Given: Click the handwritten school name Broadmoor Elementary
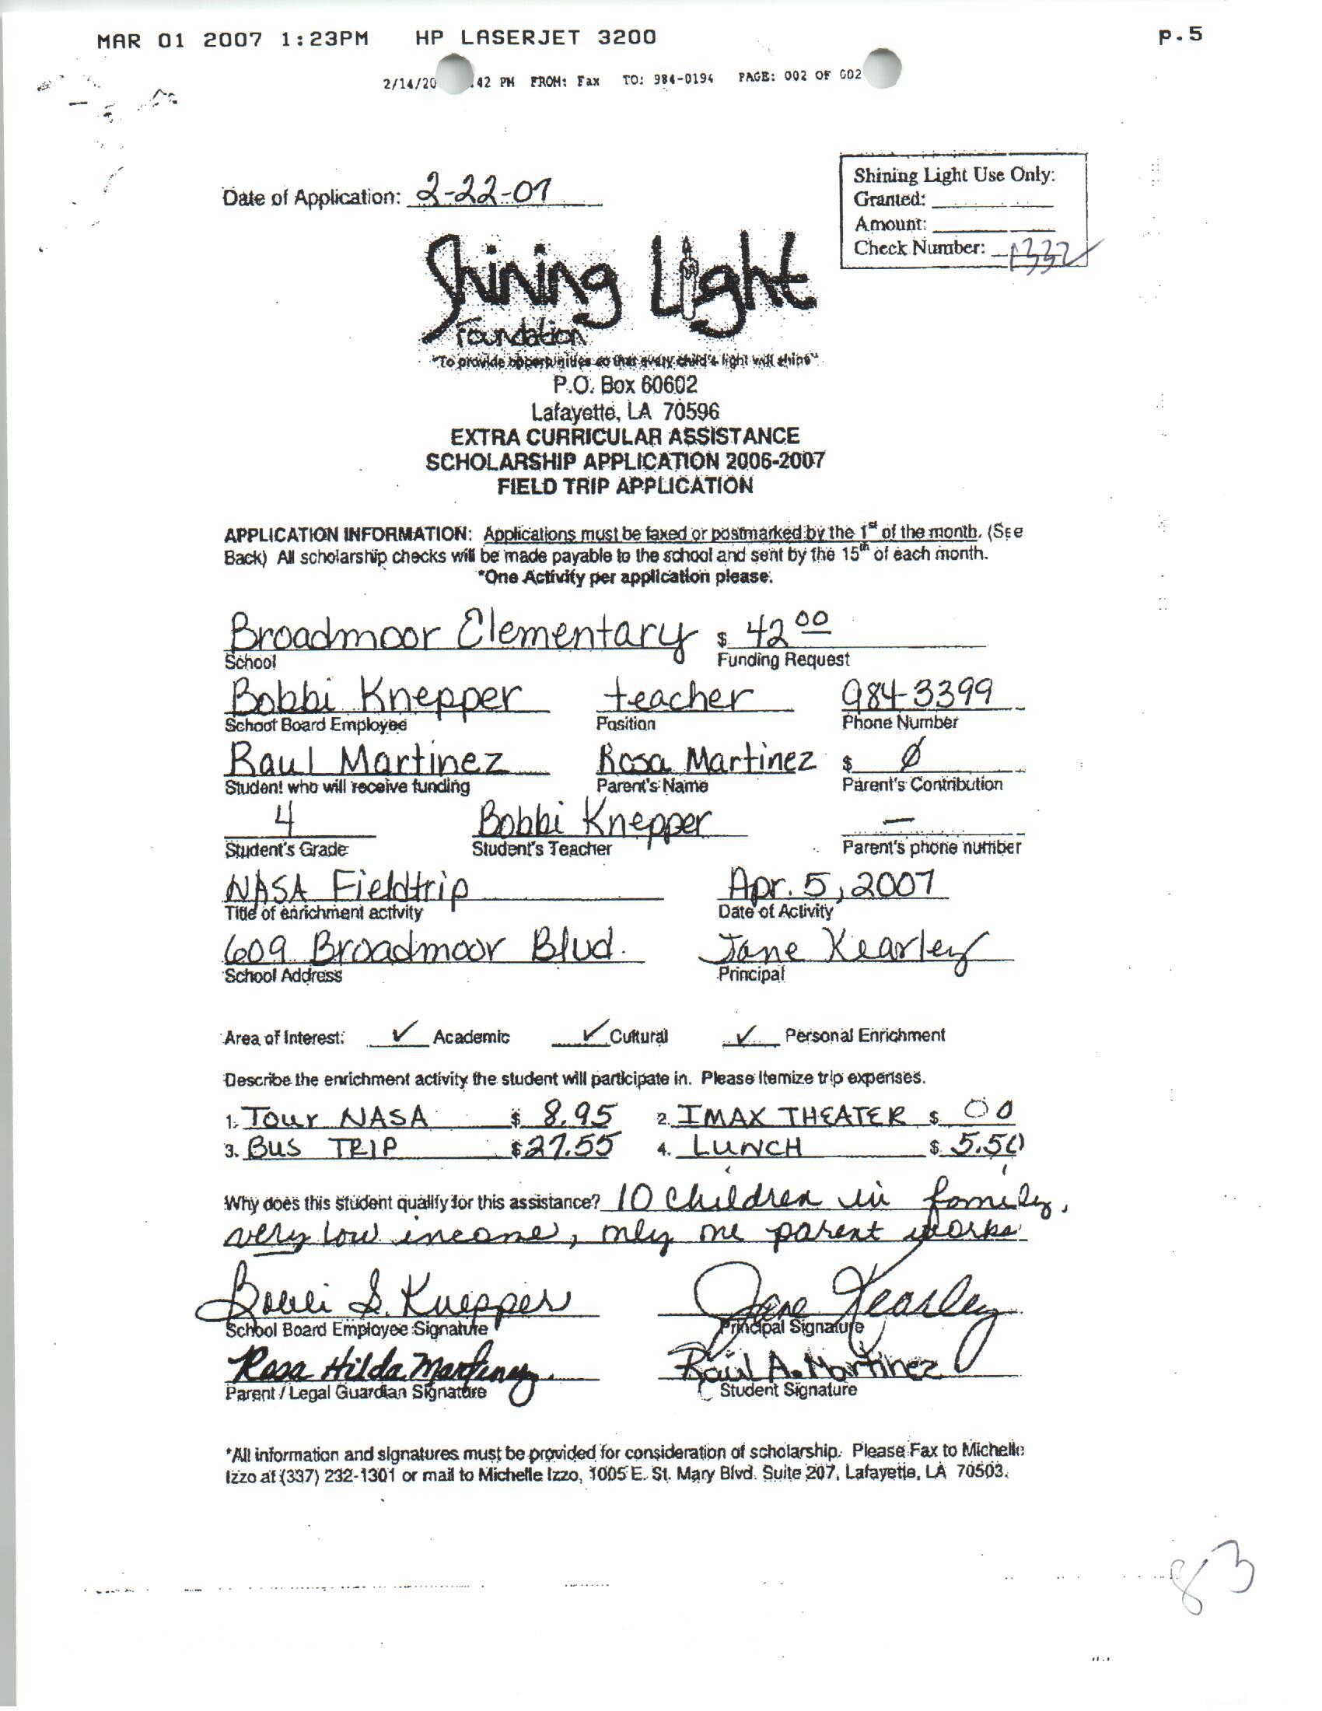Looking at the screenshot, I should coord(458,632).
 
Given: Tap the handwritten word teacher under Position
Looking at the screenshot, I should coord(679,697).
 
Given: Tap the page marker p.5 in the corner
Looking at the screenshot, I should coord(1180,35).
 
